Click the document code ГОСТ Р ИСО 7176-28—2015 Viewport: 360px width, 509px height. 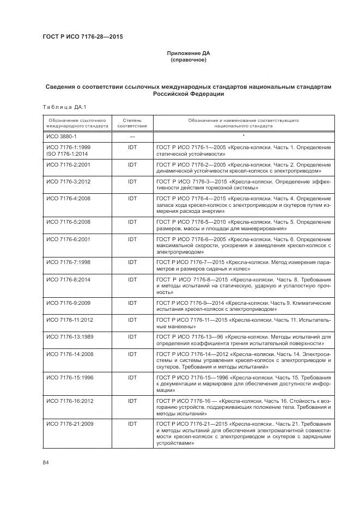[82, 37]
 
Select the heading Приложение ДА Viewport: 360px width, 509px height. [188, 53]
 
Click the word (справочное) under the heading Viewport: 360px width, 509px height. [188, 60]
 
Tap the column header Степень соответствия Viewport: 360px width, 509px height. [132, 122]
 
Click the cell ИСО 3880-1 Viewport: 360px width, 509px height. [62, 136]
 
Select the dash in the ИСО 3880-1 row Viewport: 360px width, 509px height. [132, 136]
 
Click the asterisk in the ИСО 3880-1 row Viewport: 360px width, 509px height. [243, 136]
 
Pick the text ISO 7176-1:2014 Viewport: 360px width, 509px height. [69, 154]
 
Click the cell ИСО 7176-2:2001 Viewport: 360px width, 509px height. [69, 164]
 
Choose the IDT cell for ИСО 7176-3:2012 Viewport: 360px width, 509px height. [132, 181]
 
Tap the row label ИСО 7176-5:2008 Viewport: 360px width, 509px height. [69, 222]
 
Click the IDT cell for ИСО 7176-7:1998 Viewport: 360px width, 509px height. [132, 262]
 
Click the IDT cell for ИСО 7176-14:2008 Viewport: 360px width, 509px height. [132, 354]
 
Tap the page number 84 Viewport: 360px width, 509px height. [46, 463]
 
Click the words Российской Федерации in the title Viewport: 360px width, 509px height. [188, 94]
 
